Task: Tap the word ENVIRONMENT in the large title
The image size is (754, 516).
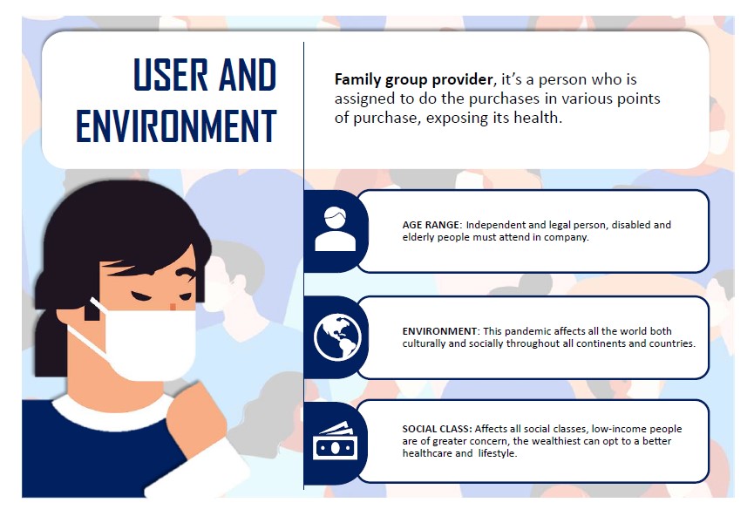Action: (x=176, y=126)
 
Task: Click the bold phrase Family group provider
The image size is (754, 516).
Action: (x=413, y=79)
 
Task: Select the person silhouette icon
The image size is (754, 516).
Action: (x=336, y=229)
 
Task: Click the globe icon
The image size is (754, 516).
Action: (x=337, y=336)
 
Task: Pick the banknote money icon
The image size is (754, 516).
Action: (x=336, y=441)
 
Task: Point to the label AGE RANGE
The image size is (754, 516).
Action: (x=431, y=225)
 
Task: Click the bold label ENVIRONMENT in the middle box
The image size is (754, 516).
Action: (x=440, y=331)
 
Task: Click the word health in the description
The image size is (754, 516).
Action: (x=536, y=118)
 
